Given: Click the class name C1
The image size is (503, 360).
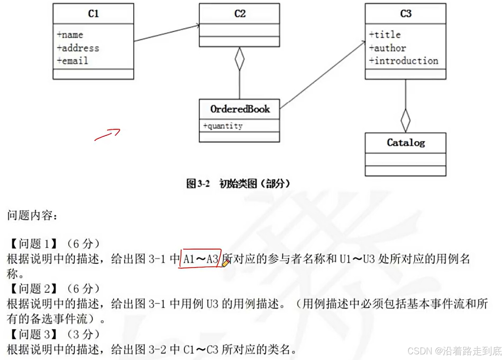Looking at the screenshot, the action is pos(93,14).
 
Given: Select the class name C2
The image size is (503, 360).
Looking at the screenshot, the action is pos(240,14).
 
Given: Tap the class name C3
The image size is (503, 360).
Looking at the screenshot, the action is pos(406,14).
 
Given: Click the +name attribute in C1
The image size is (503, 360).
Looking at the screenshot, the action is pos(70,35).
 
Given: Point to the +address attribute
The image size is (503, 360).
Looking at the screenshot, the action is pos(78,48).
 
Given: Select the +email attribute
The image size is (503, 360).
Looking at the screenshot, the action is pos(73,61).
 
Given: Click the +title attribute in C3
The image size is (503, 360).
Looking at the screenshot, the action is pos(385,35).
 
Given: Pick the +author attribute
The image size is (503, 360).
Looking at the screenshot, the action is pos(388,48).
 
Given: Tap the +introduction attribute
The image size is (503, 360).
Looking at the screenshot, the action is pos(404,61).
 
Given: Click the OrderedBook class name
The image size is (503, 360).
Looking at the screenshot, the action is pos(240,109).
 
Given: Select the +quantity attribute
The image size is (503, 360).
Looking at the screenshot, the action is pos(223,126).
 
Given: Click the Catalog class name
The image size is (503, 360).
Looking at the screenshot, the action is pos(406,143).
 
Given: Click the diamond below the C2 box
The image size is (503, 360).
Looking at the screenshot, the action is pos(240,59).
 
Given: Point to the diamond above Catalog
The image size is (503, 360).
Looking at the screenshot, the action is pos(406,121).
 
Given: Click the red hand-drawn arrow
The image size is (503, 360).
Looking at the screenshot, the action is pos(108,134).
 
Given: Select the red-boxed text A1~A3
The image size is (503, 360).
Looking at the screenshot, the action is pos(200,259).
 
